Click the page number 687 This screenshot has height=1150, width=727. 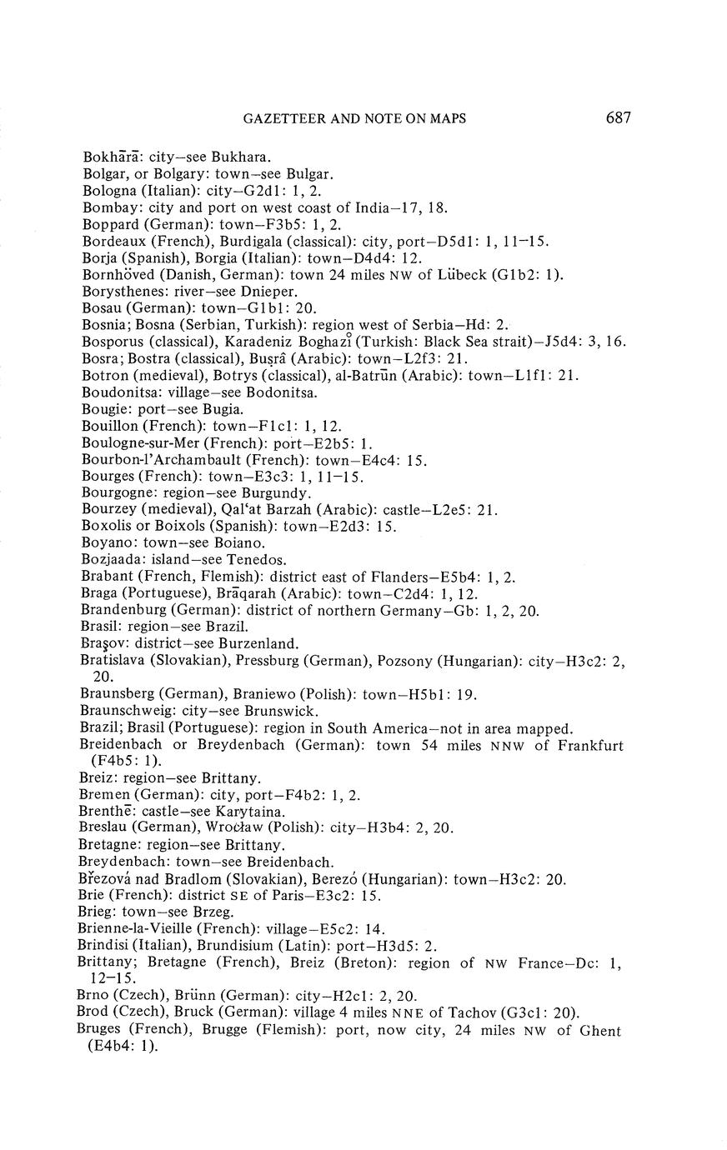click(618, 118)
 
